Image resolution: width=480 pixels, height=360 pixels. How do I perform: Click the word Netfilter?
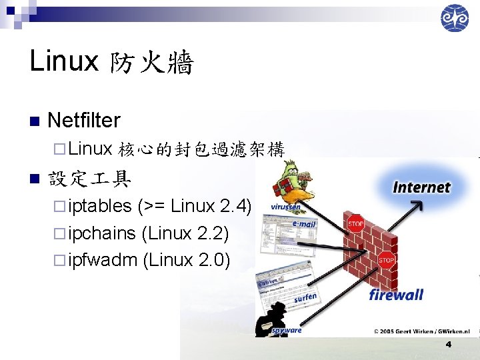pyautogui.click(x=84, y=121)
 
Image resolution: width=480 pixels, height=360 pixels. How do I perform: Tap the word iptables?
pyautogui.click(x=99, y=207)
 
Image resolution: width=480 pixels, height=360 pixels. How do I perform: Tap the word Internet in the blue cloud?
pyautogui.click(x=422, y=187)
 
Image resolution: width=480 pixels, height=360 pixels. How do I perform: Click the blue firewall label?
pyautogui.click(x=396, y=294)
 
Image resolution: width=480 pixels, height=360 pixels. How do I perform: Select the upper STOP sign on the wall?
pyautogui.click(x=355, y=223)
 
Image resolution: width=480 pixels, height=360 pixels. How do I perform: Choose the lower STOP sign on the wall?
pyautogui.click(x=386, y=260)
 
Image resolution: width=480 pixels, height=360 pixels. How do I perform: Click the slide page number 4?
pyautogui.click(x=448, y=345)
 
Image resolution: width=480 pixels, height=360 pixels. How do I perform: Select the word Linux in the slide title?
pyautogui.click(x=64, y=63)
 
